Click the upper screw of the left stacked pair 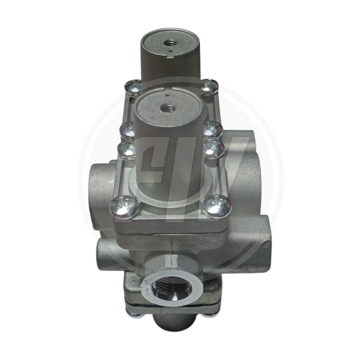126,130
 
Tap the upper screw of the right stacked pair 213,129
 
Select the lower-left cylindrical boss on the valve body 108,252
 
